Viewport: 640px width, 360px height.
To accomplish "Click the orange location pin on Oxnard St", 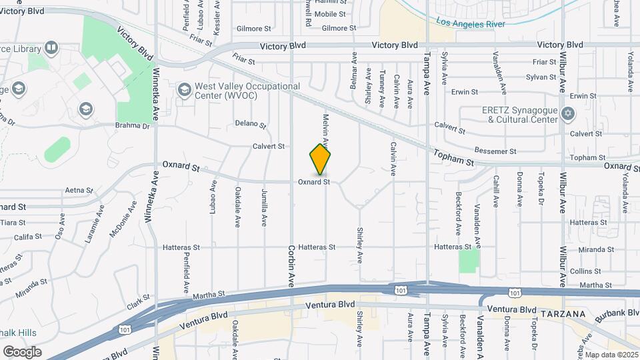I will tap(321, 159).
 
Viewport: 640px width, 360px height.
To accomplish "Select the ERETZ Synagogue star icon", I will tap(567, 113).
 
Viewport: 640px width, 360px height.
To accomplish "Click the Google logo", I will tap(21, 351).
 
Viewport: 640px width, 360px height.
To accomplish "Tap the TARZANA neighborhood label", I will tap(563, 313).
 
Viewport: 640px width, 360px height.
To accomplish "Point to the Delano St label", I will tap(251, 125).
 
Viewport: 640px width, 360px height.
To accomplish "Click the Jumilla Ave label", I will tap(264, 209).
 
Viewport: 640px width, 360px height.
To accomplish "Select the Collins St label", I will tap(585, 271).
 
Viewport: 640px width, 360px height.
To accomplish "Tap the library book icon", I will tap(51, 48).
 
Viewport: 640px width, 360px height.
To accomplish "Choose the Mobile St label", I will tap(329, 13).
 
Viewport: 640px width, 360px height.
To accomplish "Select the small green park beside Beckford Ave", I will tap(469, 260).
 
